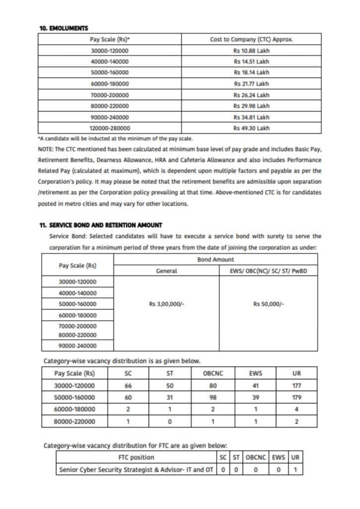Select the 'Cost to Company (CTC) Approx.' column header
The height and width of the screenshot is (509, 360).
(x=251, y=39)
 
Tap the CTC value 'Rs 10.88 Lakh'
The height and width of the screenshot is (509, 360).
(x=251, y=51)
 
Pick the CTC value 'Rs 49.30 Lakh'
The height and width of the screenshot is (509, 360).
(x=251, y=128)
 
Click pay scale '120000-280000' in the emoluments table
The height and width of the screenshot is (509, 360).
(x=109, y=128)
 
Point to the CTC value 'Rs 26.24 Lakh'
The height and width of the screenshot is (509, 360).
(x=251, y=95)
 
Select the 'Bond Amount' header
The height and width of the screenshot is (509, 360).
(x=215, y=259)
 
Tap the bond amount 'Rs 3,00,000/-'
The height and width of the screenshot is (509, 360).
(x=167, y=304)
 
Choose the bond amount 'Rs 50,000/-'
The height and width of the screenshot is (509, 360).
(x=269, y=304)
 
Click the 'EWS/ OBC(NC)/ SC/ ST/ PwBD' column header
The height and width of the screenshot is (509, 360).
(x=268, y=271)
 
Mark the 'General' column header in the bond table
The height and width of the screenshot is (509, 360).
(x=167, y=271)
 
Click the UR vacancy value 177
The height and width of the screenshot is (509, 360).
(x=297, y=386)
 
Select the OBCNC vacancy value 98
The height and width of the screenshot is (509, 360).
(x=213, y=398)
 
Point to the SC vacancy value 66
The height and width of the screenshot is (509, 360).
(x=128, y=386)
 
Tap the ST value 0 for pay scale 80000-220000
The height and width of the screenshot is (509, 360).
(x=170, y=422)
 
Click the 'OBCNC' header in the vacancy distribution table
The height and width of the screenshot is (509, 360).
(x=213, y=374)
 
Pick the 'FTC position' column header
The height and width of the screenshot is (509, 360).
(x=136, y=457)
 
